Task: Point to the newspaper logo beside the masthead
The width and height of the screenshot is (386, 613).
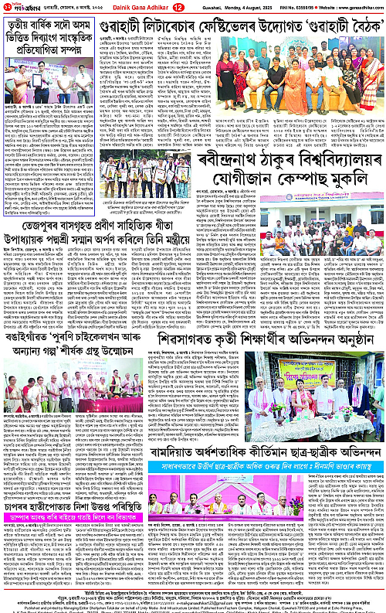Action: (x=25, y=7)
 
